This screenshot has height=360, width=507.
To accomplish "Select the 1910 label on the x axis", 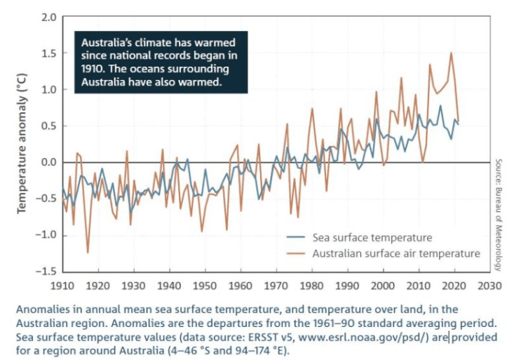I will (62, 286).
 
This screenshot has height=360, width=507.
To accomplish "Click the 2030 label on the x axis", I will (489, 286).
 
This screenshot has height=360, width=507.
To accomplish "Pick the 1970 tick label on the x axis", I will (276, 286).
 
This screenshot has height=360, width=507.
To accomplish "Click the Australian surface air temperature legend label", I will (396, 253).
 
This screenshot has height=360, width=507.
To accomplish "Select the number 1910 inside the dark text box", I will (95, 68).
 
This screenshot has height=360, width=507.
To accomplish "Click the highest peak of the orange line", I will (451, 53).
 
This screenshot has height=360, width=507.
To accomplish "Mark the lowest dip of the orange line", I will (88, 252).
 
